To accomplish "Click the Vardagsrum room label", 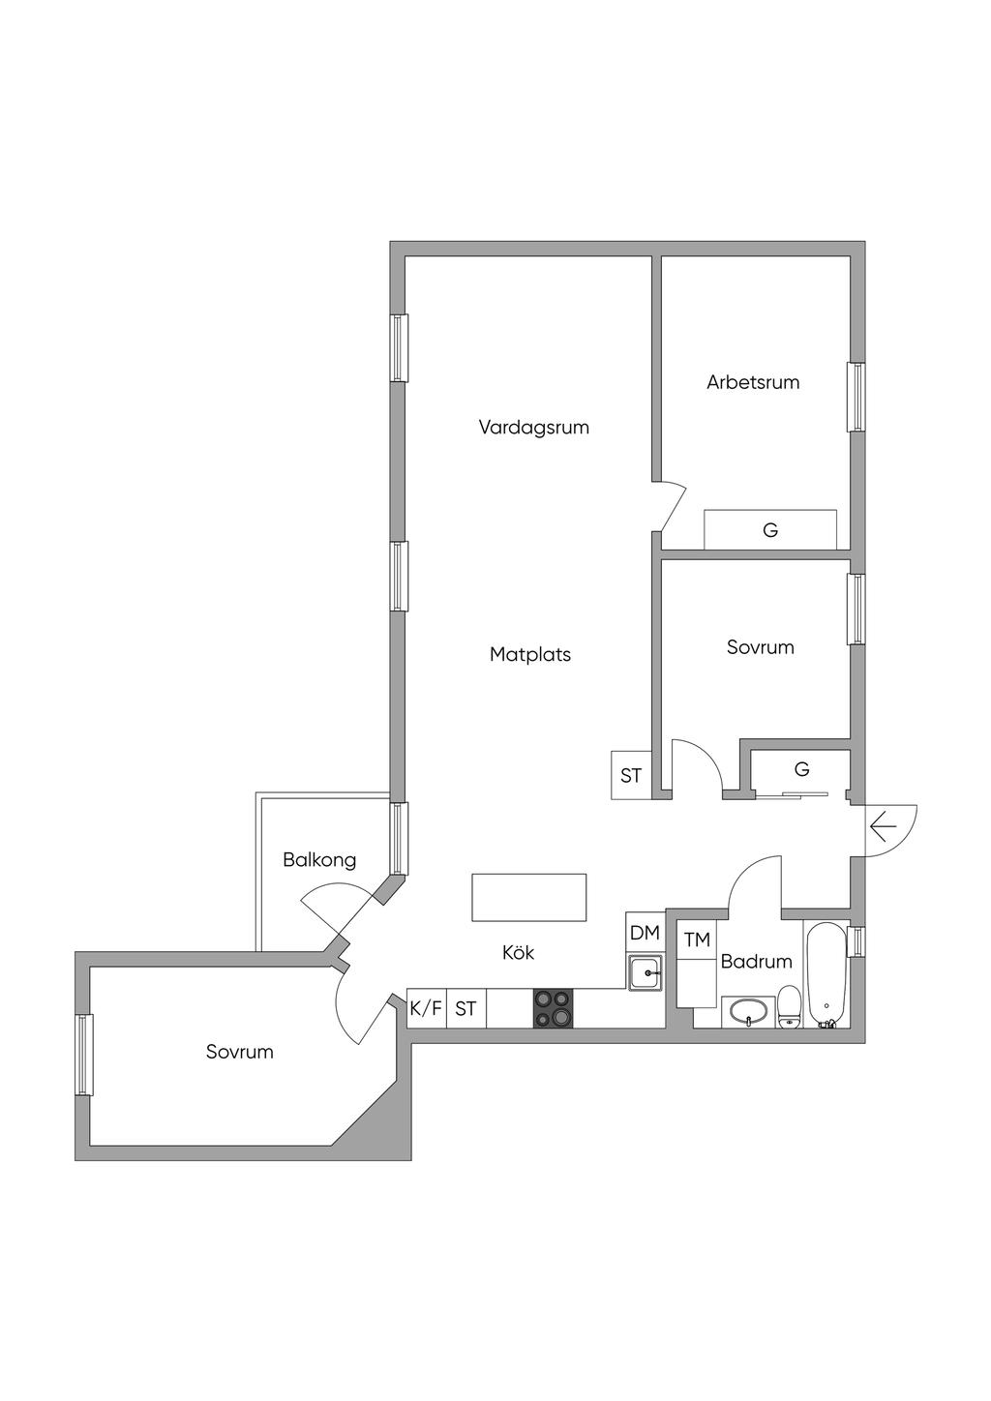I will tap(533, 427).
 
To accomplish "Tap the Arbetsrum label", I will tap(753, 382).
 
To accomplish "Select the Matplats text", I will tap(530, 655).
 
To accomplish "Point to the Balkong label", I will tap(319, 860).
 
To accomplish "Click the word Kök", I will tap(518, 953).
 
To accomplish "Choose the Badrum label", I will tap(756, 962).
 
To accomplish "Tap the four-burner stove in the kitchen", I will tap(553, 1007).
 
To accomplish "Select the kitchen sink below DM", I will tap(645, 971).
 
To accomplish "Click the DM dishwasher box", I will tap(645, 933).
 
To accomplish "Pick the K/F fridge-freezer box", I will tap(426, 1008).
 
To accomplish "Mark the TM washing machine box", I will tap(697, 939).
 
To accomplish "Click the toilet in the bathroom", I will tap(790, 1006).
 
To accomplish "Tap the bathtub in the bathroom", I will tap(826, 973).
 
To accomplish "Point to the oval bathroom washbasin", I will tap(748, 1013).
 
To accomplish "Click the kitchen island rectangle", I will tap(528, 897).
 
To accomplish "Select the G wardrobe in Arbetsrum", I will tap(770, 529).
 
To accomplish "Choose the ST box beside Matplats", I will tap(631, 775).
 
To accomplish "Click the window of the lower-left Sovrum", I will tap(85, 1055).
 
